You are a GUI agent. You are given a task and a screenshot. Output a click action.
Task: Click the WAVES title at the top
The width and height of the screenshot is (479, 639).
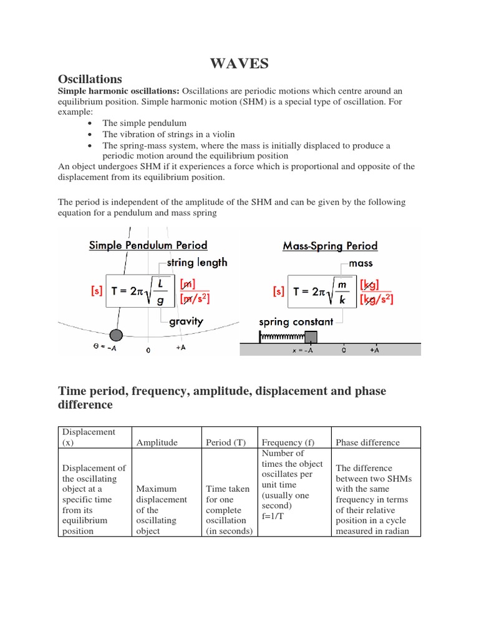(x=239, y=63)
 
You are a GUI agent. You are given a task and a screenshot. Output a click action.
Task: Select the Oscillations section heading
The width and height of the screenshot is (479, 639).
(x=90, y=79)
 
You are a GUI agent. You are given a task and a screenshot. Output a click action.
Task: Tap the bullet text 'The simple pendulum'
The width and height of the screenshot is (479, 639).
(x=144, y=124)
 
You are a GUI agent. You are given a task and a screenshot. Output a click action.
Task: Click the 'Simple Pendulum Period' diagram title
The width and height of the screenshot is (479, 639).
(x=148, y=245)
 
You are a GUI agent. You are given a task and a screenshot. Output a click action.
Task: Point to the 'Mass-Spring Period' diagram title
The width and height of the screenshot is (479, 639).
(x=330, y=246)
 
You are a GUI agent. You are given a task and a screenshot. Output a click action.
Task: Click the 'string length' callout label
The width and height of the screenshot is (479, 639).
(x=197, y=263)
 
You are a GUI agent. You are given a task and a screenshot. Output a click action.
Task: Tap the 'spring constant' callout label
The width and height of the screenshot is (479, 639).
(x=296, y=322)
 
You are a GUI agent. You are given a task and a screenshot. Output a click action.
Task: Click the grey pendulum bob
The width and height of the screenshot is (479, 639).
(x=115, y=335)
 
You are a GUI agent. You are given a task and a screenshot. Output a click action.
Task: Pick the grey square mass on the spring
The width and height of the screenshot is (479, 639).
(x=310, y=338)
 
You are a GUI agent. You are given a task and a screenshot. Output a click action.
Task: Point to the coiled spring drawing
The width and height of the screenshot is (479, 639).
(x=281, y=338)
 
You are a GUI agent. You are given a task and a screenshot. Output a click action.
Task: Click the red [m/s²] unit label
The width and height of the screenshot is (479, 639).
(x=194, y=299)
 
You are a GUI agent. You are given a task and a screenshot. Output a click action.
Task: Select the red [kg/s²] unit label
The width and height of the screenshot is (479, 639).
(x=376, y=299)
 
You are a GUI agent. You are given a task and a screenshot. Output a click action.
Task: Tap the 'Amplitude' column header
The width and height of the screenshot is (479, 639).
(x=157, y=442)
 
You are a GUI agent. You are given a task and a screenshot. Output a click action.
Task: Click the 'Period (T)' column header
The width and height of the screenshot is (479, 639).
(x=226, y=442)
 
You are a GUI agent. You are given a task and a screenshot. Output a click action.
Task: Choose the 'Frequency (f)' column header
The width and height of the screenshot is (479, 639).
(x=288, y=442)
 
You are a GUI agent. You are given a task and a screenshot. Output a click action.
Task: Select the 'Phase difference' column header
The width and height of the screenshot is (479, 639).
(x=367, y=442)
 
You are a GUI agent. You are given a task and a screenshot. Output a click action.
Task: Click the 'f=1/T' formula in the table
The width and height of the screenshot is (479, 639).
(x=276, y=516)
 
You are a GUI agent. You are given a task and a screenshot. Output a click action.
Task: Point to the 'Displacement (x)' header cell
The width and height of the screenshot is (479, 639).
(x=87, y=437)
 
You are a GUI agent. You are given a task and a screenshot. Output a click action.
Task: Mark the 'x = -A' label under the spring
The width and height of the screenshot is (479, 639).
(x=302, y=351)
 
